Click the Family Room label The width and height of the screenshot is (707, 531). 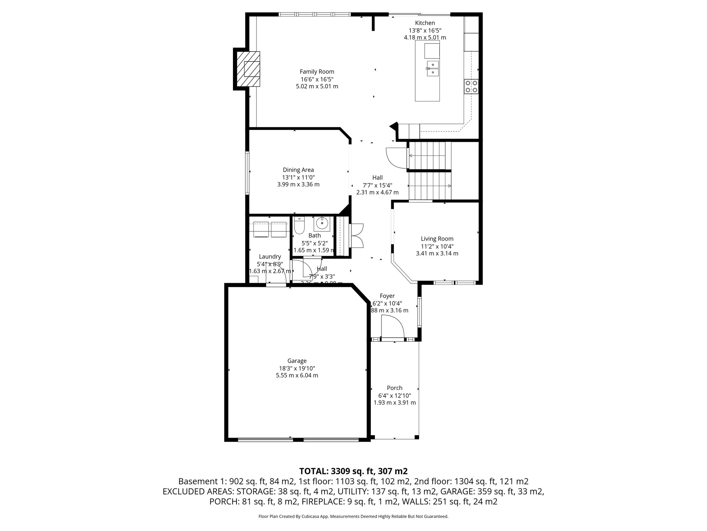[317, 72]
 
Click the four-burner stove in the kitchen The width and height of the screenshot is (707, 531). [471, 86]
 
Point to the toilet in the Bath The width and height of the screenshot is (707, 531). [299, 225]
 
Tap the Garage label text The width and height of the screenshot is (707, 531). [297, 361]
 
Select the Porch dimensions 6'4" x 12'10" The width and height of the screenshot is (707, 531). [395, 395]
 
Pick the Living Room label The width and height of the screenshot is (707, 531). [437, 239]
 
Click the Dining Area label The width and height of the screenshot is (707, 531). [298, 170]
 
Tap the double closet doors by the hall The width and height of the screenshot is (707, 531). [357, 235]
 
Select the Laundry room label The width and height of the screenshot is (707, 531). [270, 257]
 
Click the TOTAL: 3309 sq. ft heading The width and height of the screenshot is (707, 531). [353, 471]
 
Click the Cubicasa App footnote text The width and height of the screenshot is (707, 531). [353, 516]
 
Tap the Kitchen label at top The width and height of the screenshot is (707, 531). [425, 23]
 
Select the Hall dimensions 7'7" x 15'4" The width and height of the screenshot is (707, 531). [377, 185]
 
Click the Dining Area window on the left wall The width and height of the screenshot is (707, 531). [247, 173]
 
